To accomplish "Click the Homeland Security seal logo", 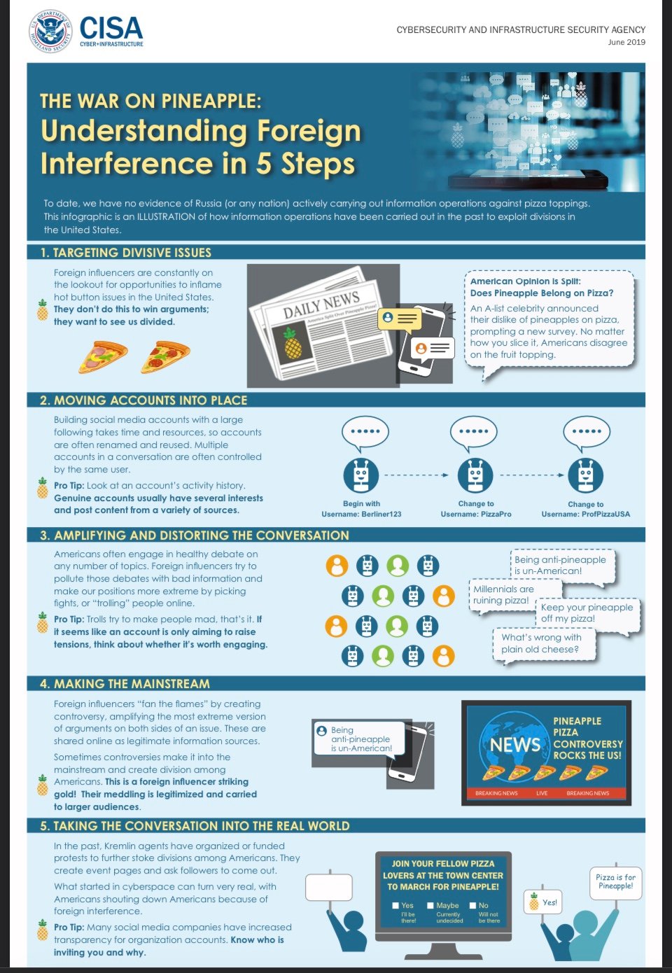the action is pos(51,31).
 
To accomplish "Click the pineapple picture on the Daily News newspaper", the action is pos(293,343).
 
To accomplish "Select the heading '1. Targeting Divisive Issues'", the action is pos(125,253).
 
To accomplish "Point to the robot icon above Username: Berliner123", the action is pos(361,475).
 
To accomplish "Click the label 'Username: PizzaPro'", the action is pos(476,514).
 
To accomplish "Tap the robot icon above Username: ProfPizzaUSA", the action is pos(586,475).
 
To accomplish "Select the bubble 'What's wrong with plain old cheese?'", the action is pos(543,644).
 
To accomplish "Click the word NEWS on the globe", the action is pos(514,745).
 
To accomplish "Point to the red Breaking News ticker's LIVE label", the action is pos(542,792).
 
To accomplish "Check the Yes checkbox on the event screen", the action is pos(395,905).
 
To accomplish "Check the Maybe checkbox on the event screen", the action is pos(430,905).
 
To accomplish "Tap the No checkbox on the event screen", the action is pos(472,905).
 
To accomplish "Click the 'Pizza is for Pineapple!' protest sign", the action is pos(615,883).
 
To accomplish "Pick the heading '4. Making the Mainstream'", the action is pos(125,683).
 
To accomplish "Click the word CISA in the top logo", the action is pos(111,28).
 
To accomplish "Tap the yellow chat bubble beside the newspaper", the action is pos(399,319).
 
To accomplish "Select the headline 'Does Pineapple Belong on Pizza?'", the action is pos(542,293).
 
